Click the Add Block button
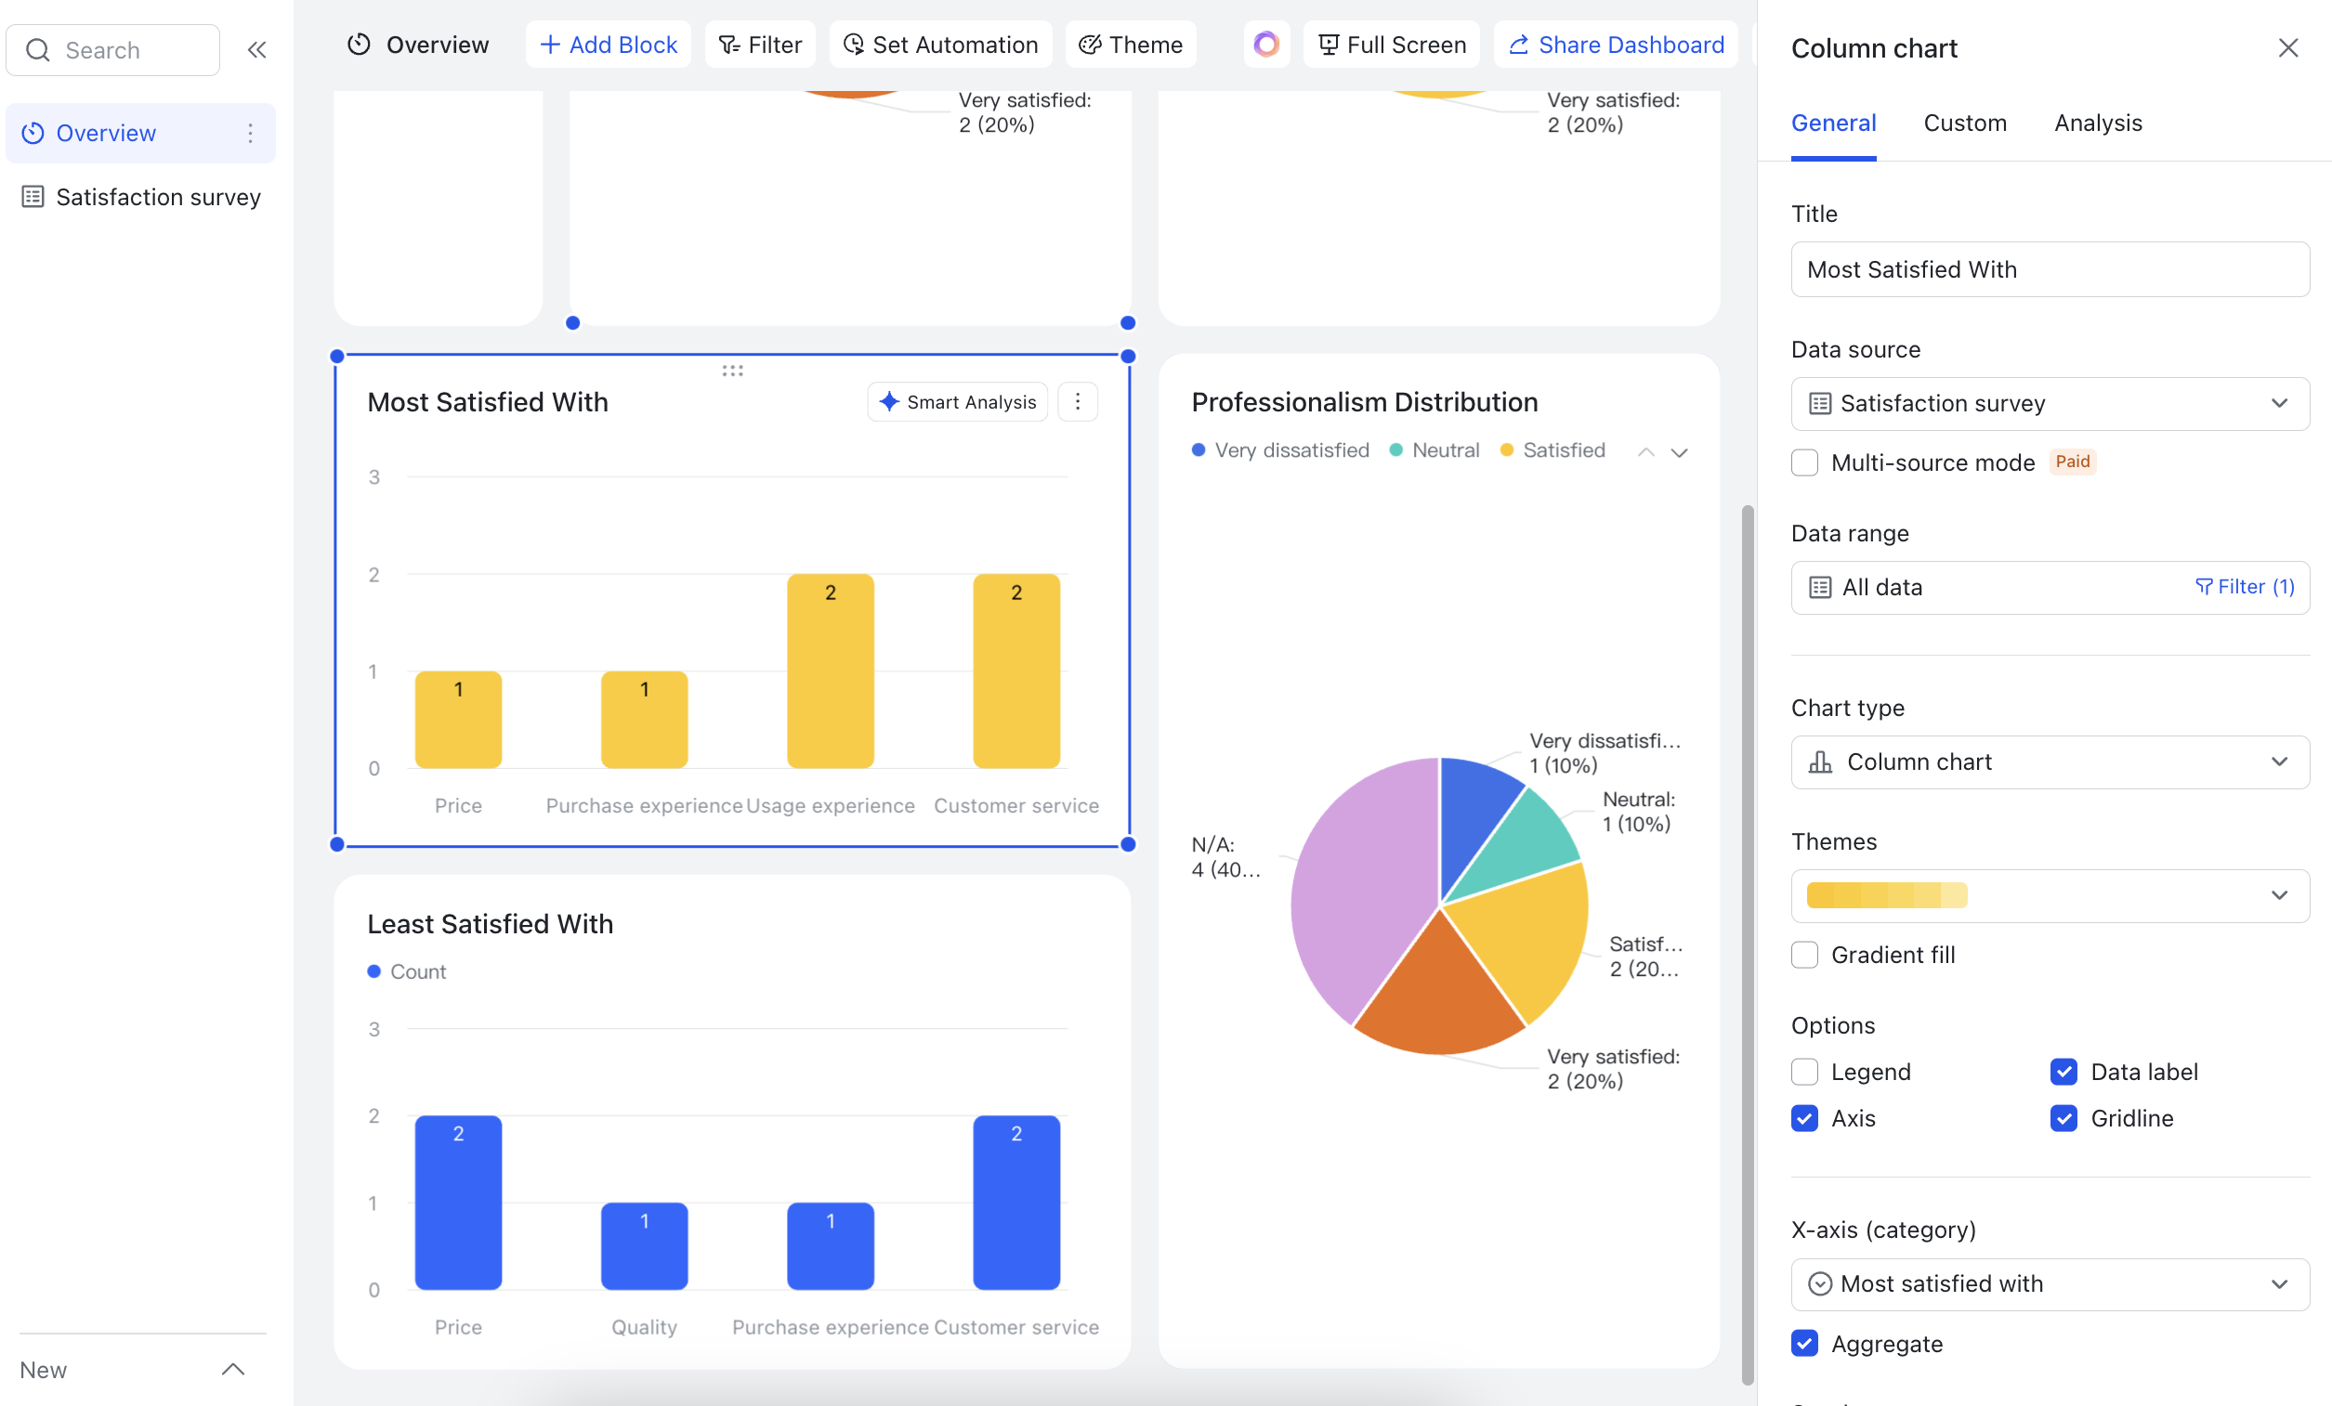(x=608, y=45)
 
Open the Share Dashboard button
(x=1616, y=45)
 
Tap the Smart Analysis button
(x=957, y=402)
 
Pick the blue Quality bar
(x=644, y=1249)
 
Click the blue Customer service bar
(x=1015, y=1206)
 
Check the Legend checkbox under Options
(x=1805, y=1072)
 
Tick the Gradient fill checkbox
(x=1805, y=955)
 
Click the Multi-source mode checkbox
(x=1805, y=462)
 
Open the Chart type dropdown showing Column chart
(x=2049, y=762)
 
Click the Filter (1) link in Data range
(x=2244, y=587)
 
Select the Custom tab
(x=1965, y=123)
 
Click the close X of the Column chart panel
(x=2287, y=48)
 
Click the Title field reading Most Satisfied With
(x=2049, y=269)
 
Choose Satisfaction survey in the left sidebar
(x=157, y=197)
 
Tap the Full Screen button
(x=1391, y=45)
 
